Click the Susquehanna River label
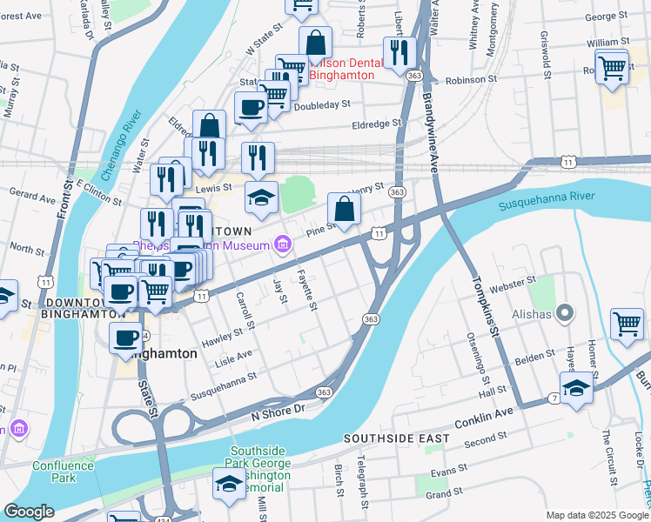tap(547, 201)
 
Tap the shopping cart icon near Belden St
tap(627, 324)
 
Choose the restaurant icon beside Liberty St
tap(399, 52)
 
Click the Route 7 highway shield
tap(554, 398)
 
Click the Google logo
tap(30, 512)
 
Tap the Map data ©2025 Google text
tap(596, 515)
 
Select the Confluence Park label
tap(63, 471)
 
